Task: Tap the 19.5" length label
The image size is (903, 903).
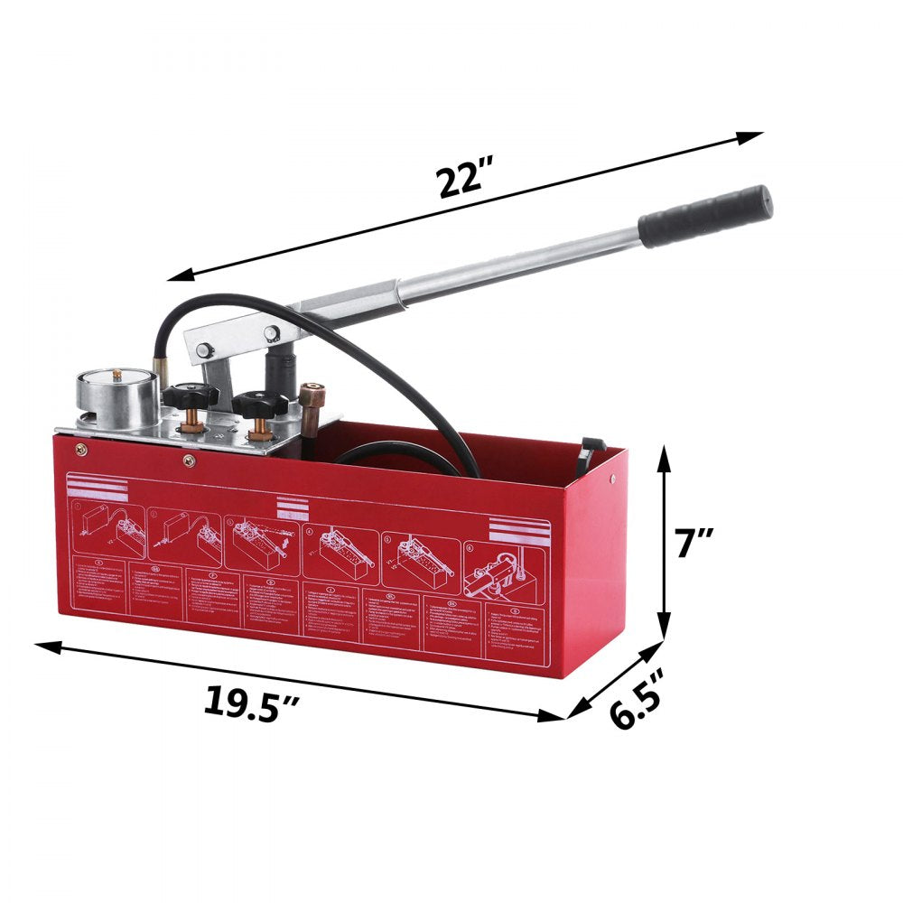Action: (x=250, y=702)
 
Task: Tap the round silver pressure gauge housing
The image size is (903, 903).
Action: (x=117, y=396)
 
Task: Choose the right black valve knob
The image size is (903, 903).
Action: (x=260, y=403)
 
